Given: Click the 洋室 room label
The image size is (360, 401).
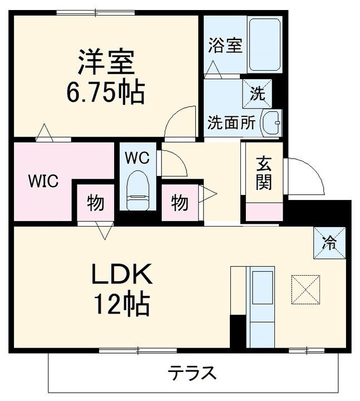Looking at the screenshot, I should [x=105, y=63].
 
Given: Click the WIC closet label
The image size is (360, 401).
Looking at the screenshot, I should [x=44, y=182].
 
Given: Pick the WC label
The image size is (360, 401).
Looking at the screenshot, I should [x=136, y=158].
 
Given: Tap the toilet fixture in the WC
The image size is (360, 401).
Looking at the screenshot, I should [x=137, y=190].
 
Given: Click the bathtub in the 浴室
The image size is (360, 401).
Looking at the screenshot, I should [x=265, y=45].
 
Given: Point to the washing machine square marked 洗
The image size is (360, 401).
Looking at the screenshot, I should [x=257, y=94].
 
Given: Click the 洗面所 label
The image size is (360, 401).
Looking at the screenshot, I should [x=231, y=123].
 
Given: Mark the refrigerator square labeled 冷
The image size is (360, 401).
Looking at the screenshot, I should [x=329, y=243].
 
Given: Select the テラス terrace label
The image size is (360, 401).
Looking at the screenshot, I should [x=192, y=373].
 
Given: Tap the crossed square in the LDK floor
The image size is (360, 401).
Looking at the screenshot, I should [x=305, y=289].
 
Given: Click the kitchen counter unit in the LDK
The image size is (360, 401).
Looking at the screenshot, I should [x=260, y=306].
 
